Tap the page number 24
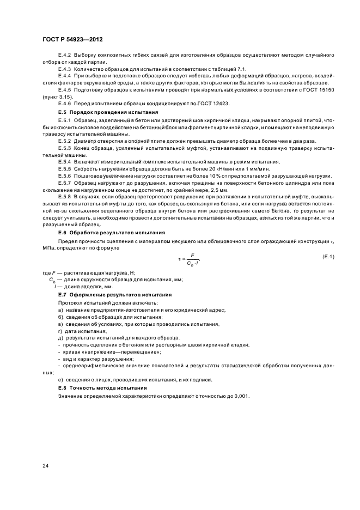(45, 466)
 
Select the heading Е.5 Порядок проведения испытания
(96, 111)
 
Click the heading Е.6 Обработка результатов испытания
(100, 233)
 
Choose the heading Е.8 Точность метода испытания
(96, 387)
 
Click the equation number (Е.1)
(328, 257)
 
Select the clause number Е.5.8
(64, 196)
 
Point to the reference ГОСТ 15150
(317, 89)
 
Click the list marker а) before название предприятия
(60, 309)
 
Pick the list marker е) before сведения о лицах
(60, 380)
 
